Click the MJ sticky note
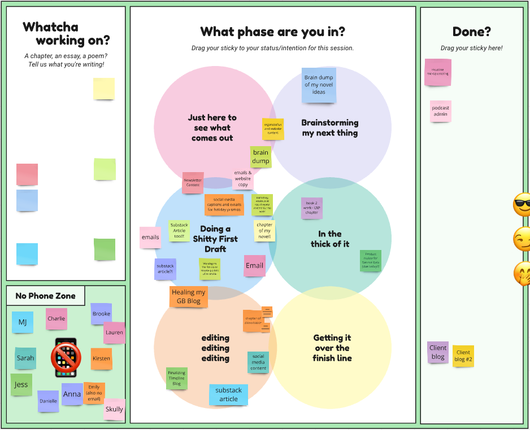[23, 322]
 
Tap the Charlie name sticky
[57, 319]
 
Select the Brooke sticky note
[101, 314]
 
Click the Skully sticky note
[114, 409]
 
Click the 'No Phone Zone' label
[46, 296]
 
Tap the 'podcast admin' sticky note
[441, 111]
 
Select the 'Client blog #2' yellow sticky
[463, 356]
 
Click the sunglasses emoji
[522, 204]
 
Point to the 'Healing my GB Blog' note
[189, 297]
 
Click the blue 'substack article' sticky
[228, 394]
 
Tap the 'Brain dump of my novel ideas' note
[319, 85]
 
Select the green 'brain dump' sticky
[260, 157]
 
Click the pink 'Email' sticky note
[254, 266]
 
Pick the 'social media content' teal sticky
[258, 362]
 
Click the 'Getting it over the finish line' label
[332, 348]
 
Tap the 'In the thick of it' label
[330, 239]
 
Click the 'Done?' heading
[471, 32]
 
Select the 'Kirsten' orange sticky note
[102, 359]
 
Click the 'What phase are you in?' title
[272, 32]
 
